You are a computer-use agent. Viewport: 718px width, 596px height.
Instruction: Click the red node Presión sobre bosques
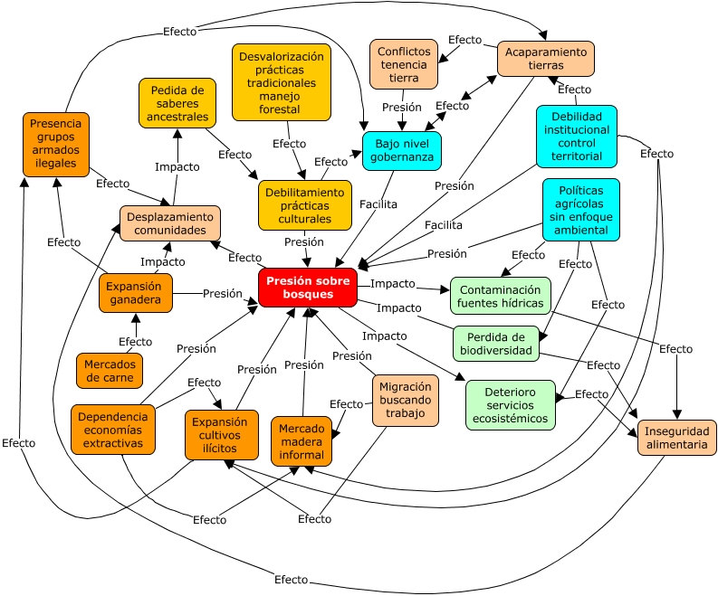tap(307, 288)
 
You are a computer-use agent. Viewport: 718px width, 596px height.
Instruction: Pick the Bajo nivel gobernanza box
tap(402, 151)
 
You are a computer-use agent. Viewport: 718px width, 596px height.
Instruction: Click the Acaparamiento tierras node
tap(545, 59)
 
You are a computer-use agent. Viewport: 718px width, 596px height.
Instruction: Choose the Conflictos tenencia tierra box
tap(404, 64)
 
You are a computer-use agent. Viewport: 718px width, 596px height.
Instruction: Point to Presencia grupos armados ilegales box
tap(56, 143)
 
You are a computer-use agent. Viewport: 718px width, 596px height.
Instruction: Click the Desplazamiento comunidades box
tap(170, 223)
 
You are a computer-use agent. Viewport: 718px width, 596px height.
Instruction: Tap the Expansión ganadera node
tap(135, 293)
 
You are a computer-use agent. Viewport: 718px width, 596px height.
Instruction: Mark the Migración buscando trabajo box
tap(406, 400)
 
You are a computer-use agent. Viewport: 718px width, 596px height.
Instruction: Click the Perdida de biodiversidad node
tap(496, 344)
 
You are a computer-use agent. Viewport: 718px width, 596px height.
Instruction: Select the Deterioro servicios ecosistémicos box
tap(510, 404)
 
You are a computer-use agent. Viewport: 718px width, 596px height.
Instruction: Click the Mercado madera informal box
tap(302, 441)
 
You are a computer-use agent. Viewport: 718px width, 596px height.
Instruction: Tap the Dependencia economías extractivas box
tap(113, 430)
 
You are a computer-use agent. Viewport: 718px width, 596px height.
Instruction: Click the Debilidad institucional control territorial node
tap(576, 137)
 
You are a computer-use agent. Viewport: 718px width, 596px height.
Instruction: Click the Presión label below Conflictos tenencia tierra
tap(402, 108)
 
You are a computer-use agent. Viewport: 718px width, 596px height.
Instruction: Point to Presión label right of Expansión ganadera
tap(222, 294)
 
